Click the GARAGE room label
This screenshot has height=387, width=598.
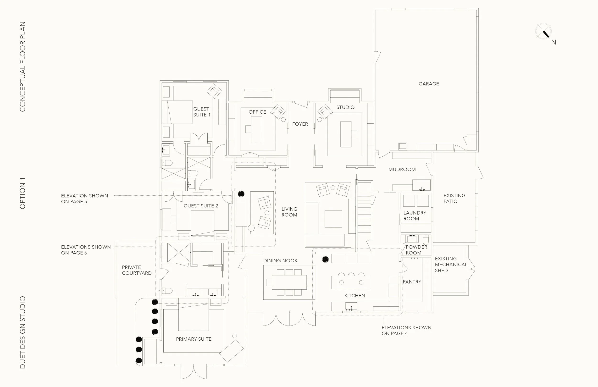(x=429, y=84)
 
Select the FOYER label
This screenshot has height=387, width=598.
(x=300, y=124)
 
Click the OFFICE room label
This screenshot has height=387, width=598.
(x=257, y=112)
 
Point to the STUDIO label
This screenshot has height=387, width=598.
(x=345, y=107)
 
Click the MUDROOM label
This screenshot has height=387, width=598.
(x=402, y=170)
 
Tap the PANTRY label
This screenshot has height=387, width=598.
(x=412, y=282)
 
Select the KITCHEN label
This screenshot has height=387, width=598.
(x=354, y=296)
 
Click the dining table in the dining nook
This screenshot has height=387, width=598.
(x=289, y=282)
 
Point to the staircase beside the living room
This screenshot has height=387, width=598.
(x=364, y=216)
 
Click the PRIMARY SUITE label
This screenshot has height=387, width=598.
(x=194, y=339)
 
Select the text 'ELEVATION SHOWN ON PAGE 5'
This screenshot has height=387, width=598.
(x=84, y=199)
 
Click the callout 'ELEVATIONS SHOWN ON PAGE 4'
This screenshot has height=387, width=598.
(x=406, y=331)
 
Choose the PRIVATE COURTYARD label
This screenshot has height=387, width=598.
(x=137, y=270)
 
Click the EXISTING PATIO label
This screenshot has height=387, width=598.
(x=454, y=198)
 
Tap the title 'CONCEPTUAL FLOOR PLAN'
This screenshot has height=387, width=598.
(x=23, y=66)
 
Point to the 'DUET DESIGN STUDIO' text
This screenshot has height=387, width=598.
(x=23, y=332)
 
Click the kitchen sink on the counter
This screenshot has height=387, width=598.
(x=351, y=307)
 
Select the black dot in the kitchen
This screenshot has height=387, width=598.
(x=325, y=259)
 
